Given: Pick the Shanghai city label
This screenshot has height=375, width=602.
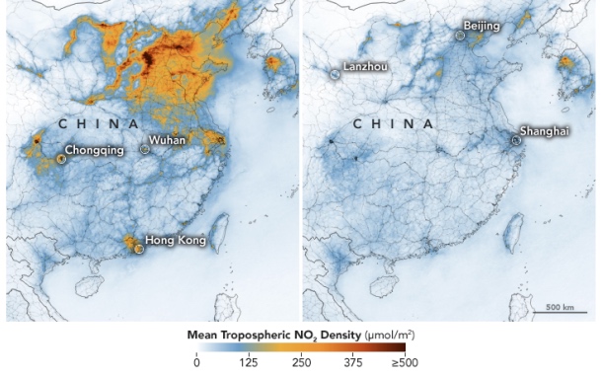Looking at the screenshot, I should (544, 131).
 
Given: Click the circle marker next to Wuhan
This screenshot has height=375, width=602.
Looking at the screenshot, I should (145, 149).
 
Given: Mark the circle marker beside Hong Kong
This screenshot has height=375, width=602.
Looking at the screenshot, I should (138, 249).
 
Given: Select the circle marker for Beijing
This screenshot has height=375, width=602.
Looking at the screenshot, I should (460, 36).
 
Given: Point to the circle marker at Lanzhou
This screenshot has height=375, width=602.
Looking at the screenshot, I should (335, 74).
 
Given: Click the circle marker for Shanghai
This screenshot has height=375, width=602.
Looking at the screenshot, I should (515, 141).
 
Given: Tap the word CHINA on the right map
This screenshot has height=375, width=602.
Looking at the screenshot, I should (393, 124).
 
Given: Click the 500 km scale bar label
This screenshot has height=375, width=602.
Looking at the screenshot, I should (561, 305).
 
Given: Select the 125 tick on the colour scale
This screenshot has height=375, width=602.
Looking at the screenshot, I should (249, 362).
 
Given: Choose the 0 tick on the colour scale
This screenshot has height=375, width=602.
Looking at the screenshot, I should (196, 362).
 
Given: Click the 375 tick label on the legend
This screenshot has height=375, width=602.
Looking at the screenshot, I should (352, 362).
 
